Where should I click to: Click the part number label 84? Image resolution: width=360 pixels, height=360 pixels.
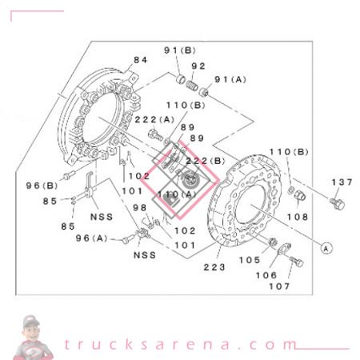[x=141, y=60]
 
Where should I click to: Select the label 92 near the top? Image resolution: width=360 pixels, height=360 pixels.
[x=199, y=66]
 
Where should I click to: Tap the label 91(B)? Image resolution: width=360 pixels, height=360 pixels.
[x=181, y=50]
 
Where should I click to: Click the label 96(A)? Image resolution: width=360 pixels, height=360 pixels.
[x=92, y=238]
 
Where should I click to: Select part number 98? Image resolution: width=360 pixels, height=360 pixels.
[x=141, y=207]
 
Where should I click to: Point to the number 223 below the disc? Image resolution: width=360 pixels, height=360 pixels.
[x=215, y=267]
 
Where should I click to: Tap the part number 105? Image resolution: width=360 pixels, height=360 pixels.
[x=250, y=259]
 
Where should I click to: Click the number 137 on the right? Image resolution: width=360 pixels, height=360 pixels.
[x=342, y=182]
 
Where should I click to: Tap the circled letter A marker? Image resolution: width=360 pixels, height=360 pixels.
[x=326, y=247]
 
